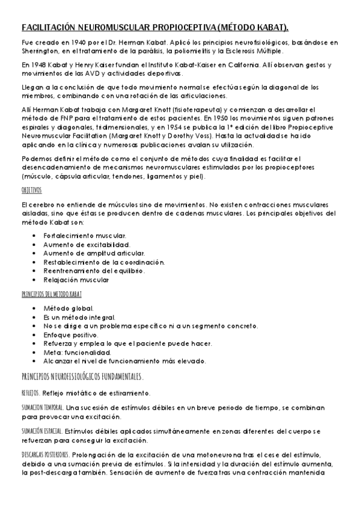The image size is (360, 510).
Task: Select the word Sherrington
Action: pyautogui.click(x=39, y=51)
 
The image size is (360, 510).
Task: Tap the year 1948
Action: pyautogui.click(x=43, y=65)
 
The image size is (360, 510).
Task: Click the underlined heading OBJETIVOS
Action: pyautogui.click(x=31, y=189)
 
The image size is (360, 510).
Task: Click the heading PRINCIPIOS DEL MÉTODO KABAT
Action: pyautogui.click(x=51, y=294)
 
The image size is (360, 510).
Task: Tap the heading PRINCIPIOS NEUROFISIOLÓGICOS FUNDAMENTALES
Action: pyautogui.click(x=82, y=377)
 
